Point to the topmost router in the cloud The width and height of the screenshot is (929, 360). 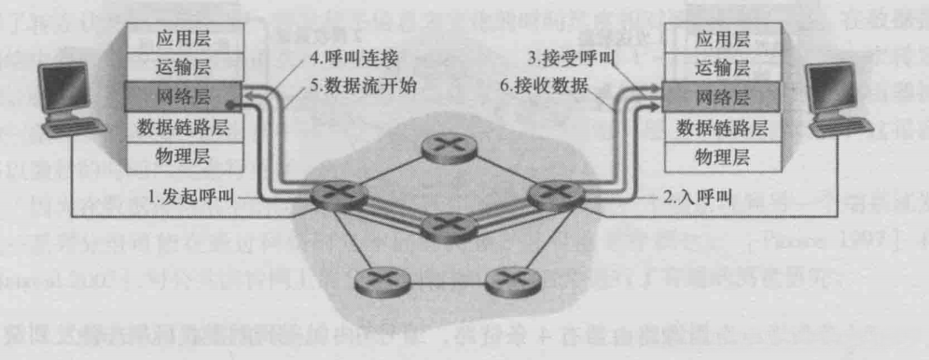coord(443,145)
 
